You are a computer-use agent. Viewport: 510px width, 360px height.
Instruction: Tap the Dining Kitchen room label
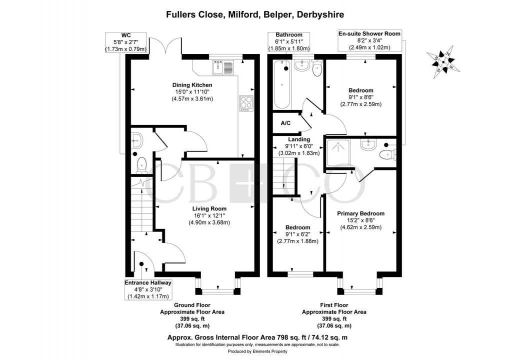[x=192, y=85]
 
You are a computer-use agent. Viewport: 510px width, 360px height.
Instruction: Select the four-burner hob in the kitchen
[x=246, y=102]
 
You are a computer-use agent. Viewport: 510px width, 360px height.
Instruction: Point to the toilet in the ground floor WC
[x=141, y=162]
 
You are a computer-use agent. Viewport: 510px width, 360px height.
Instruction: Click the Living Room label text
[x=209, y=209]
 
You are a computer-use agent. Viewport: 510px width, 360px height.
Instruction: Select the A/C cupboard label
[x=285, y=123]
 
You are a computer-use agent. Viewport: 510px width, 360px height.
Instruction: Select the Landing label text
[x=298, y=139]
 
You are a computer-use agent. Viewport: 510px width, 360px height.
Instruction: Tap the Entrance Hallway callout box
[x=147, y=289]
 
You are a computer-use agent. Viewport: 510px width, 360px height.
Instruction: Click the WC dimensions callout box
[x=125, y=42]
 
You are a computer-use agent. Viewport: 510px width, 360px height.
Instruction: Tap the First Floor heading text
[x=334, y=305]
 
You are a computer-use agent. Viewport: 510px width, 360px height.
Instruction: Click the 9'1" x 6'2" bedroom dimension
[x=297, y=234]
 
